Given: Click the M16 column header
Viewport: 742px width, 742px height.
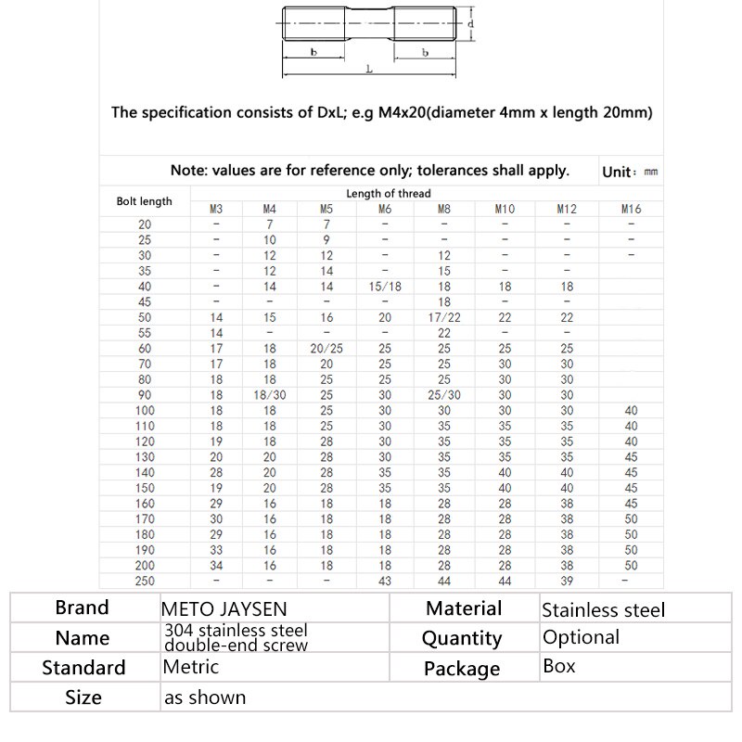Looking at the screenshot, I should tap(631, 210).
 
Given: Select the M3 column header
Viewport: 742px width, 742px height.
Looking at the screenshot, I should tap(216, 210).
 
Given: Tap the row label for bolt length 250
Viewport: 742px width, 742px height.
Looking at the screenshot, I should tap(145, 581).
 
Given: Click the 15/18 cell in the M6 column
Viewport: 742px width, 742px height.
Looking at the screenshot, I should tap(384, 288).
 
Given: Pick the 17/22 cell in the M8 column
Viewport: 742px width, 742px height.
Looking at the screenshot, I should tap(444, 317).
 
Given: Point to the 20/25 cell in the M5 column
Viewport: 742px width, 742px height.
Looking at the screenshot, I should tap(326, 348).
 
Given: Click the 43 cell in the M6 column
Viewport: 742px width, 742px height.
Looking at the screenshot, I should tap(384, 581).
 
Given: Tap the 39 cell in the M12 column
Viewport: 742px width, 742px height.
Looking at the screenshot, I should tap(566, 581).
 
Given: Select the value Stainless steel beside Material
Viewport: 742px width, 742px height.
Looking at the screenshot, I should tap(603, 610).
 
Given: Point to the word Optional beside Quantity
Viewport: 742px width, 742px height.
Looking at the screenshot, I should tap(581, 637).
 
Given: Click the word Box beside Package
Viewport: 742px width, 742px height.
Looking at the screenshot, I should tap(559, 666).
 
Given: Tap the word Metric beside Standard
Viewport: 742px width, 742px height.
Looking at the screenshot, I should tap(190, 666).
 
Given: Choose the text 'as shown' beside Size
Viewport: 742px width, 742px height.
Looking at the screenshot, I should tap(205, 697).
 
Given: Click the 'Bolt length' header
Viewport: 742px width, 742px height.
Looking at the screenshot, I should tap(144, 201).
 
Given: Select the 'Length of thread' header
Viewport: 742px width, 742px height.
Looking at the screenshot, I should tap(388, 194).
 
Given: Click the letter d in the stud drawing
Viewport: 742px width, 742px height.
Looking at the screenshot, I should tap(471, 23).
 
